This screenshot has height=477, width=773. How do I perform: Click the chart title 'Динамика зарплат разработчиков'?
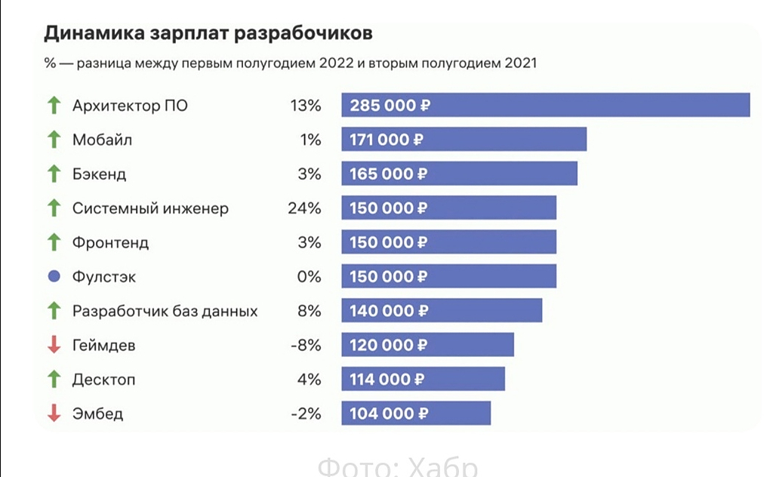(x=208, y=33)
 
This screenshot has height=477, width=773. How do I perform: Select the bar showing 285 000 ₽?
(x=545, y=105)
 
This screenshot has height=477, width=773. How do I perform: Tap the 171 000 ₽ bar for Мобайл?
(x=463, y=140)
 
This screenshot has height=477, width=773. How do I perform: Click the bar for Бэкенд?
(x=459, y=174)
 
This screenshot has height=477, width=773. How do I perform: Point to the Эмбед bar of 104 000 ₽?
(x=416, y=414)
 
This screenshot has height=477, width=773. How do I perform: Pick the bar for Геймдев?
(x=427, y=345)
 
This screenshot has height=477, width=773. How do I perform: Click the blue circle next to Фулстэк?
(x=54, y=277)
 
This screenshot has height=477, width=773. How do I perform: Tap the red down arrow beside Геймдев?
(x=54, y=345)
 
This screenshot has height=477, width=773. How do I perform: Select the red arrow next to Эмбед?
(x=54, y=414)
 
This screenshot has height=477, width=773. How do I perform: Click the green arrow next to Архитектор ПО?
(x=54, y=105)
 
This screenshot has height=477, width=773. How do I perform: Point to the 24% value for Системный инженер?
(x=304, y=208)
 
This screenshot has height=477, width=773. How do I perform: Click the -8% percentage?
(x=306, y=345)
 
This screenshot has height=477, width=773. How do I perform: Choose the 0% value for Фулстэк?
(x=310, y=277)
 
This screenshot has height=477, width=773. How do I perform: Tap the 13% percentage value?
(x=306, y=105)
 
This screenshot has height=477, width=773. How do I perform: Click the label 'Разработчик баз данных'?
(x=165, y=311)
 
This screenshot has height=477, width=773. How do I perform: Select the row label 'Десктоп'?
(x=104, y=380)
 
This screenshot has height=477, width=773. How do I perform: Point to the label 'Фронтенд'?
(x=111, y=242)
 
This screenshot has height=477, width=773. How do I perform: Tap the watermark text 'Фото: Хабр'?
(x=397, y=466)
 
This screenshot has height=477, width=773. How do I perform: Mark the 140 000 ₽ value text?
(x=388, y=311)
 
